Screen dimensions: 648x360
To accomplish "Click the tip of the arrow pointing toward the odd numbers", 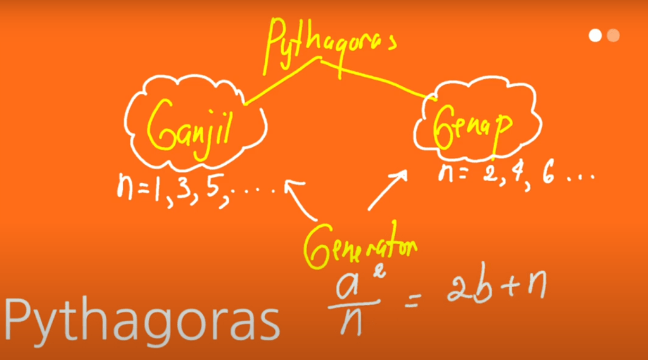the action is pyautogui.click(x=286, y=182).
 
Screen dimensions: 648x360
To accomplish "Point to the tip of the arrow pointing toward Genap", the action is pyautogui.click(x=406, y=170).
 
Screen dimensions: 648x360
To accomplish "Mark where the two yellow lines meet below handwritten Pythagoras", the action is pyautogui.click(x=320, y=59).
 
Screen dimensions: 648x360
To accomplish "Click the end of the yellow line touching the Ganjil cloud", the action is pyautogui.click(x=246, y=104).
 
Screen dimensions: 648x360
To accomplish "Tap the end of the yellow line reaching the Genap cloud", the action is pyautogui.click(x=435, y=100).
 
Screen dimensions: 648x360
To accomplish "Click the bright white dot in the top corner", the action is pyautogui.click(x=595, y=35).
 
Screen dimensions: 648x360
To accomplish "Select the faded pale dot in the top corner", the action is pyautogui.click(x=613, y=35).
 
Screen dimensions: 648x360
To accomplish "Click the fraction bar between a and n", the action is pyautogui.click(x=353, y=305).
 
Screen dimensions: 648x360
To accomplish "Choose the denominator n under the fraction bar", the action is pyautogui.click(x=352, y=323).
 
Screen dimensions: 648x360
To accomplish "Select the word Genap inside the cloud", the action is pyautogui.click(x=473, y=126).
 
